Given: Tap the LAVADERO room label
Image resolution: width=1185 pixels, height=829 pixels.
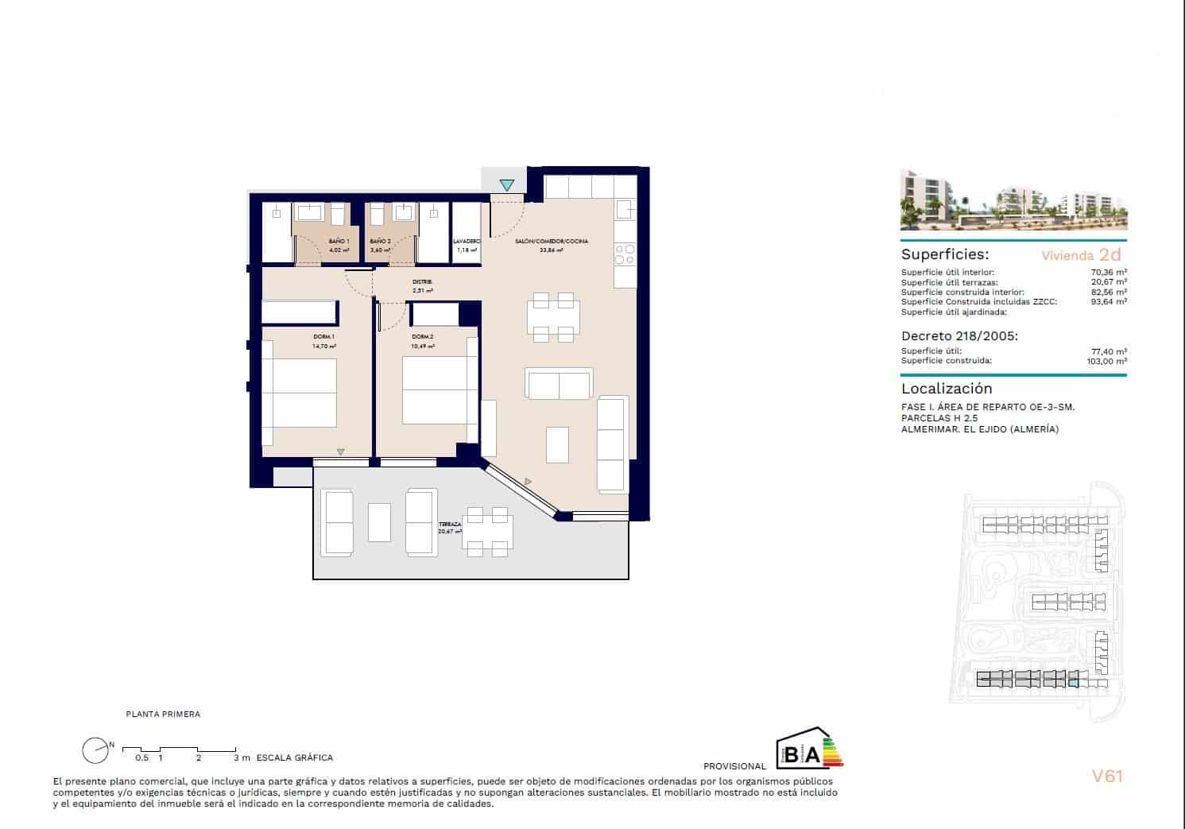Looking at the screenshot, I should coord(467,241).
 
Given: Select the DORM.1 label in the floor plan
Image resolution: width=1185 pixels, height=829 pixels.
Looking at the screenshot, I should coord(323,337).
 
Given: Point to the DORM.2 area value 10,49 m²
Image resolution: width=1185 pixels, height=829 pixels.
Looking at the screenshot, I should coord(423,347).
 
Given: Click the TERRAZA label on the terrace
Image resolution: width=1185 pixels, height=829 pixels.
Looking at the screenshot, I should coord(450,525).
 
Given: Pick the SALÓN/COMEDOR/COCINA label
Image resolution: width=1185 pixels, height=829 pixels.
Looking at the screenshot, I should coord(552,241).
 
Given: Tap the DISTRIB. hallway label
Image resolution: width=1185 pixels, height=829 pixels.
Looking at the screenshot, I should coord(422,282).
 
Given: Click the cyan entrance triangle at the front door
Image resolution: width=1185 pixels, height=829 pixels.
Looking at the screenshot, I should coord(506,185).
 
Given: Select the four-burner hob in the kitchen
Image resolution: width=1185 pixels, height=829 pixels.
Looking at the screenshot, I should coord(625,254).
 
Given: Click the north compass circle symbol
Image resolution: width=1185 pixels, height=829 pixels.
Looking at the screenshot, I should coord(95,750).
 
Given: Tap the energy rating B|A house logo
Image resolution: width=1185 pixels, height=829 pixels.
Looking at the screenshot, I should coord(808,749).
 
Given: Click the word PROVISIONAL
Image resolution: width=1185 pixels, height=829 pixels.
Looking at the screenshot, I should coord(734,766).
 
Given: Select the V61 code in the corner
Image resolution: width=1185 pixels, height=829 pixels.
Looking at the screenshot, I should coord(1106,776).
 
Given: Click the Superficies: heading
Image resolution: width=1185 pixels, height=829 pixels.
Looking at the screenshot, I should coord(944,255).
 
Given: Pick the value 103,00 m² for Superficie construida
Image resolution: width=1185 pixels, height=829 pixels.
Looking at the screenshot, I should coord(1106,361).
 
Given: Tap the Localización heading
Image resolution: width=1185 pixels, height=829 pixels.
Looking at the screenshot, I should coord(947,389).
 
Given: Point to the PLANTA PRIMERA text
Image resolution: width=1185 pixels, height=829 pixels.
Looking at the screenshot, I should coord(163,714).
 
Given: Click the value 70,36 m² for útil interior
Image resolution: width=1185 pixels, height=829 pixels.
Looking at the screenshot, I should coord(1109,273).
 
